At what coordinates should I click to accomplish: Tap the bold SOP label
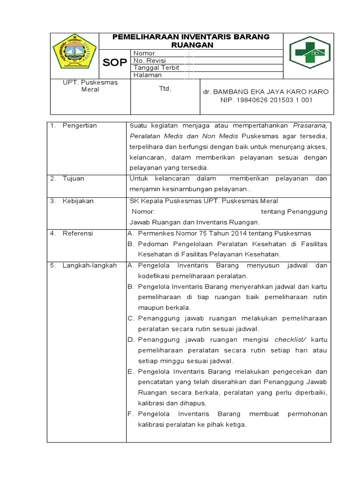pyautogui.click(x=114, y=62)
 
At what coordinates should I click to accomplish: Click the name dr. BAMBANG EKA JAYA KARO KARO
pyautogui.click(x=266, y=91)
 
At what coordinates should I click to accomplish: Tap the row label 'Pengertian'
pyautogui.click(x=80, y=126)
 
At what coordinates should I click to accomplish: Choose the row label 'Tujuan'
pyautogui.click(x=74, y=179)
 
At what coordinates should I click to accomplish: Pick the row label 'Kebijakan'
pyautogui.click(x=78, y=201)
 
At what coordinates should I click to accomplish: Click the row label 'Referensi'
pyautogui.click(x=78, y=233)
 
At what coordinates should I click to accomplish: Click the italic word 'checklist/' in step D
pyautogui.click(x=290, y=339)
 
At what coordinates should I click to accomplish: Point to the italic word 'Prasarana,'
pyautogui.click(x=310, y=126)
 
